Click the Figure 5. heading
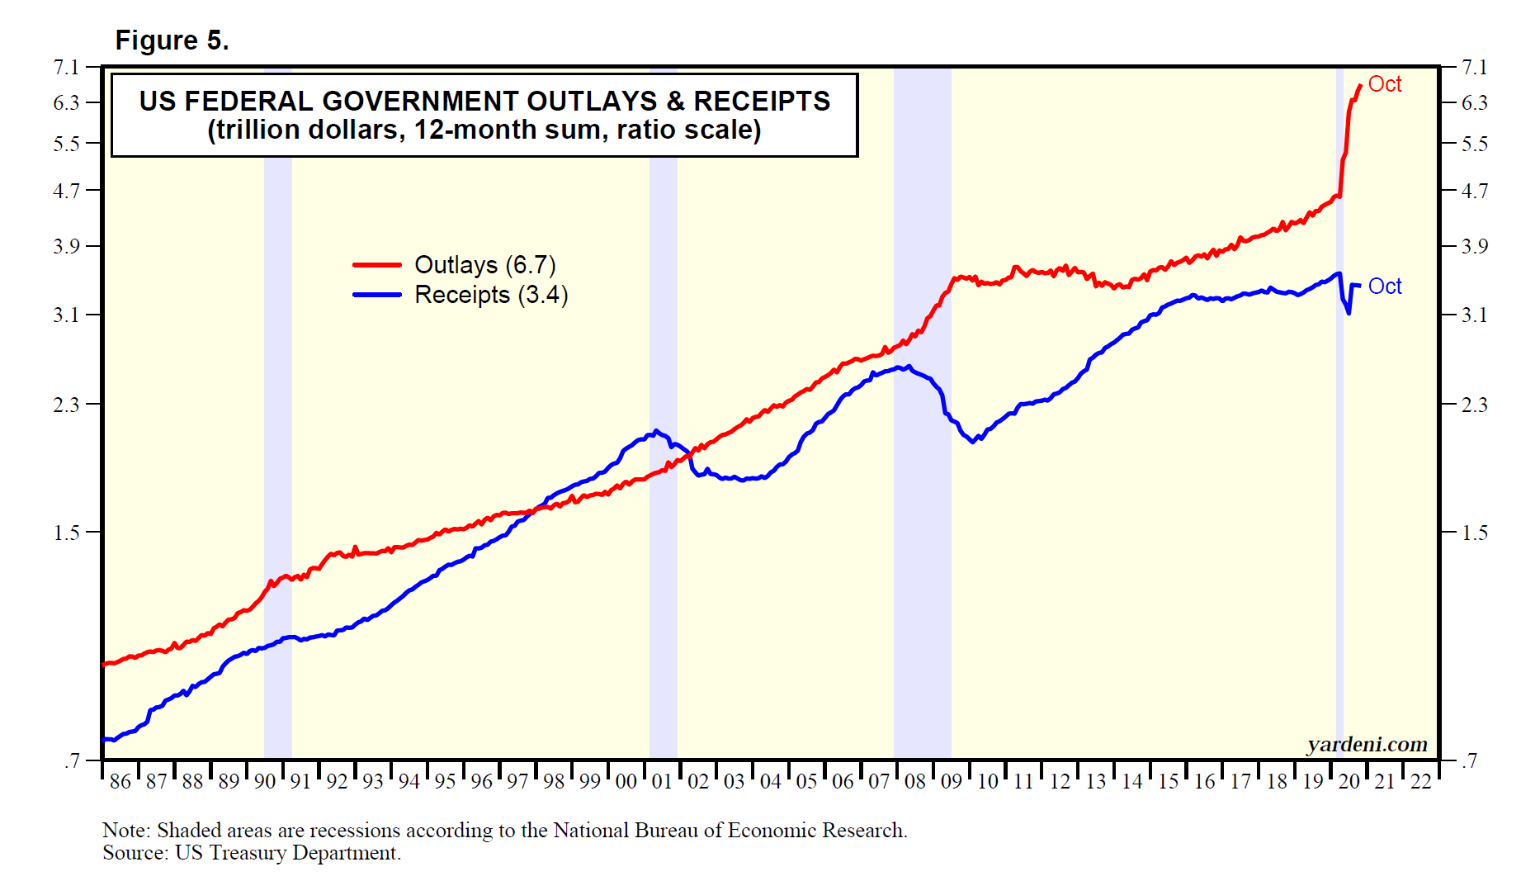tap(172, 40)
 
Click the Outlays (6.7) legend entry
tap(484, 265)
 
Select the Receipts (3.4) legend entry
tap(490, 295)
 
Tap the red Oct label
tap(1384, 84)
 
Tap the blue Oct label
tap(1384, 287)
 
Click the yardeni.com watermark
tap(1367, 745)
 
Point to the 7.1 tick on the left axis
tap(66, 67)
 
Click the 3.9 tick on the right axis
tap(1474, 246)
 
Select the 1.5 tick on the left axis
tap(66, 533)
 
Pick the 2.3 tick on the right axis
tap(1474, 405)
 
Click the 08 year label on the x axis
tap(915, 781)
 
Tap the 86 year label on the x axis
tap(120, 781)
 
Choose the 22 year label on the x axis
tap(1420, 781)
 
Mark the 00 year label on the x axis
tap(626, 781)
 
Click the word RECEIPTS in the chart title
tap(762, 101)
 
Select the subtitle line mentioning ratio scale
tap(484, 130)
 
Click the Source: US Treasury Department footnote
tap(252, 853)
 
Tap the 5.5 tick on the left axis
tap(66, 144)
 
